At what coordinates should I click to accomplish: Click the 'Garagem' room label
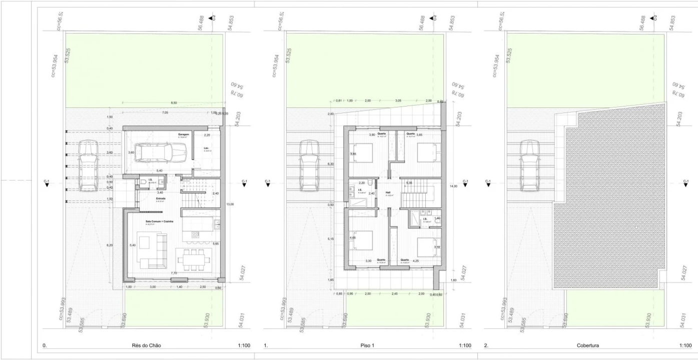(184, 135)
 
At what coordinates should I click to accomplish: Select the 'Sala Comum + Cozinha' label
(160, 221)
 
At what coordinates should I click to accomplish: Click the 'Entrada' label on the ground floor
(147, 198)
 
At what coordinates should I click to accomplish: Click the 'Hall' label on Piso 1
(388, 192)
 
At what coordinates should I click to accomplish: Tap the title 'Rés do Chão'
(147, 345)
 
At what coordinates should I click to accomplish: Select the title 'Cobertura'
(588, 345)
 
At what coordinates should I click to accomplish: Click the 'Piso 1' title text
(367, 345)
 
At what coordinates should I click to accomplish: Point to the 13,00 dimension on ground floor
(230, 204)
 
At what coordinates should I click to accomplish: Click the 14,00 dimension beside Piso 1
(454, 185)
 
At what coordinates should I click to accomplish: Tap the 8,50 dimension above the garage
(174, 103)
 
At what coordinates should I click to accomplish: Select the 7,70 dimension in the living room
(174, 273)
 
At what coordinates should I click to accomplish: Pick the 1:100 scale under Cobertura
(685, 345)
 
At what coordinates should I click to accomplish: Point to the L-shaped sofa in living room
(153, 250)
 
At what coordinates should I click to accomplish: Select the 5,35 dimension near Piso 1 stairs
(409, 183)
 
